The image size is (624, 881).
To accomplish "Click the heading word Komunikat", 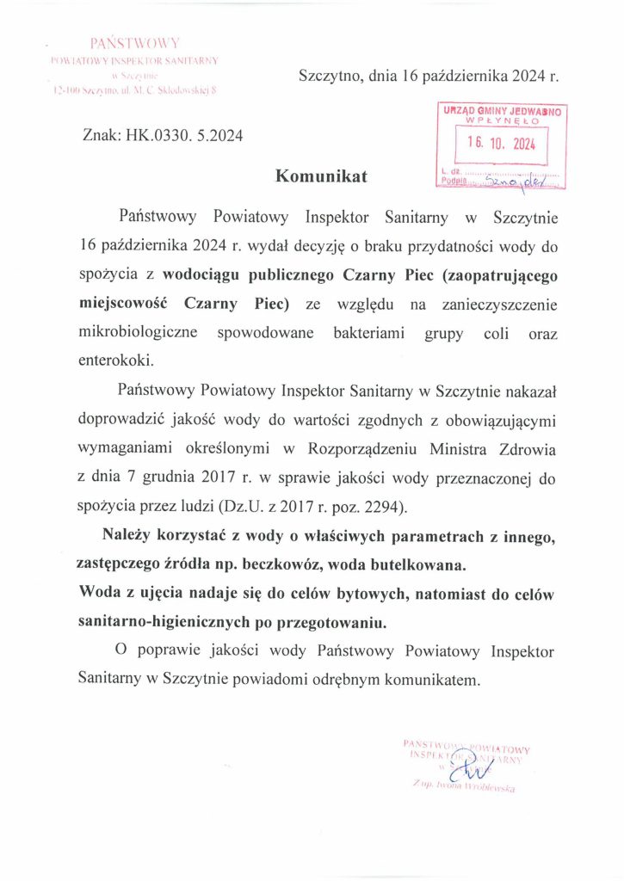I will coord(320,176).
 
